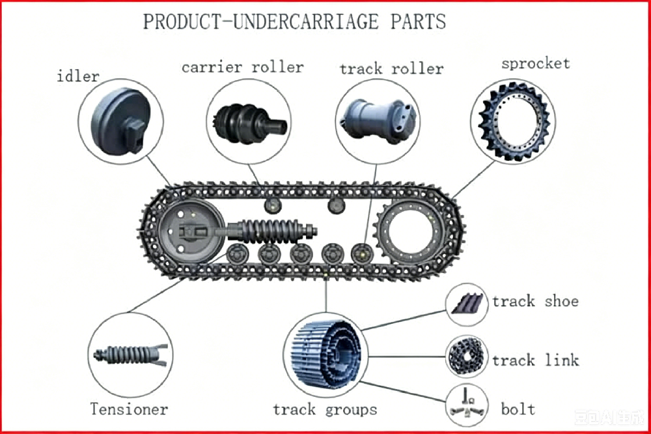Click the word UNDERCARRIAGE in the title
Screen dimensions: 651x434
pyautogui.click(x=307, y=22)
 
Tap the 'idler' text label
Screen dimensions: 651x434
pyautogui.click(x=78, y=76)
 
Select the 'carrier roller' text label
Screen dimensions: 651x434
pyautogui.click(x=243, y=67)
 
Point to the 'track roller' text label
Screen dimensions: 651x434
pyautogui.click(x=391, y=68)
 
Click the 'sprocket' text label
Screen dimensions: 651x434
pyautogui.click(x=536, y=64)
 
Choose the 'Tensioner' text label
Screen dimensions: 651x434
pyautogui.click(x=129, y=409)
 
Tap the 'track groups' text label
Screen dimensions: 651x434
pyautogui.click(x=325, y=410)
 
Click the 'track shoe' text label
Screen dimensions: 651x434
pyautogui.click(x=536, y=301)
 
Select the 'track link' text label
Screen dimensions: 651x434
pyautogui.click(x=536, y=360)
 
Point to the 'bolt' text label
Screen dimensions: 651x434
pyautogui.click(x=518, y=409)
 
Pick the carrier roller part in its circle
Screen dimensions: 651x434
pyautogui.click(x=250, y=124)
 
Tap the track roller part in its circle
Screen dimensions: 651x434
pyautogui.click(x=378, y=121)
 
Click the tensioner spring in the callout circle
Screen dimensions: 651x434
pyautogui.click(x=130, y=355)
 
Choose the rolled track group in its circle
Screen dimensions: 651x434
pyautogui.click(x=325, y=354)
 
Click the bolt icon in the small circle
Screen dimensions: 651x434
pyautogui.click(x=467, y=406)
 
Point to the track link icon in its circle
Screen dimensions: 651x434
pyautogui.click(x=467, y=356)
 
